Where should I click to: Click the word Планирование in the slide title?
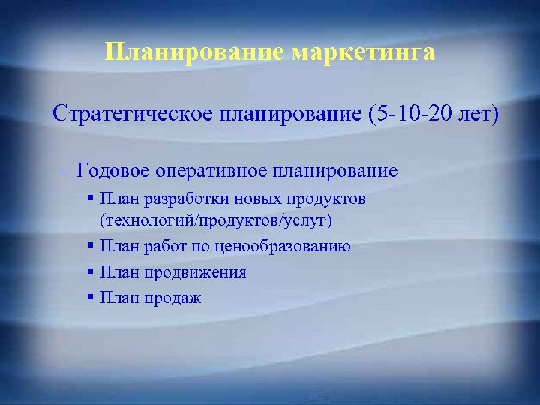(x=196, y=52)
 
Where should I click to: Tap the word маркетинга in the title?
(x=364, y=52)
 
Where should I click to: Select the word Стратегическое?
(x=131, y=115)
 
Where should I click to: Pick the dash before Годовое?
(x=63, y=170)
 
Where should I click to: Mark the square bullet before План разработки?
(x=90, y=199)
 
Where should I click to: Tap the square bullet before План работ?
(x=90, y=245)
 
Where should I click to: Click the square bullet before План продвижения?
(x=90, y=271)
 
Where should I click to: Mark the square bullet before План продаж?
(x=90, y=297)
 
